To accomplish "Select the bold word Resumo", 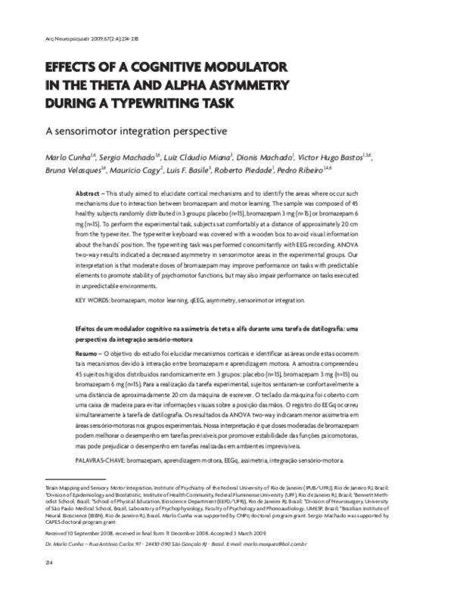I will point(90,354).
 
